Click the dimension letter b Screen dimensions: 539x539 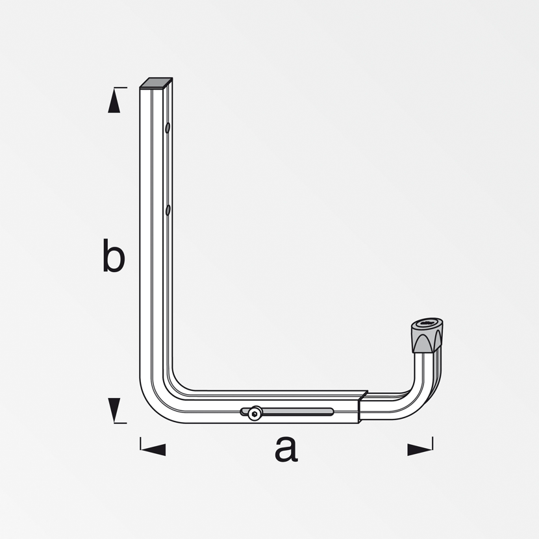pyautogui.click(x=114, y=255)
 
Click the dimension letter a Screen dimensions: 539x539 pyautogui.click(x=286, y=449)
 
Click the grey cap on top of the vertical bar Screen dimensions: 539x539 pyautogui.click(x=156, y=82)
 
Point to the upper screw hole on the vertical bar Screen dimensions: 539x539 pyautogui.click(x=168, y=127)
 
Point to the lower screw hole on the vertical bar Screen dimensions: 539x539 pyautogui.click(x=168, y=210)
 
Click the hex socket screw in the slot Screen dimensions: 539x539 pyautogui.click(x=255, y=414)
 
